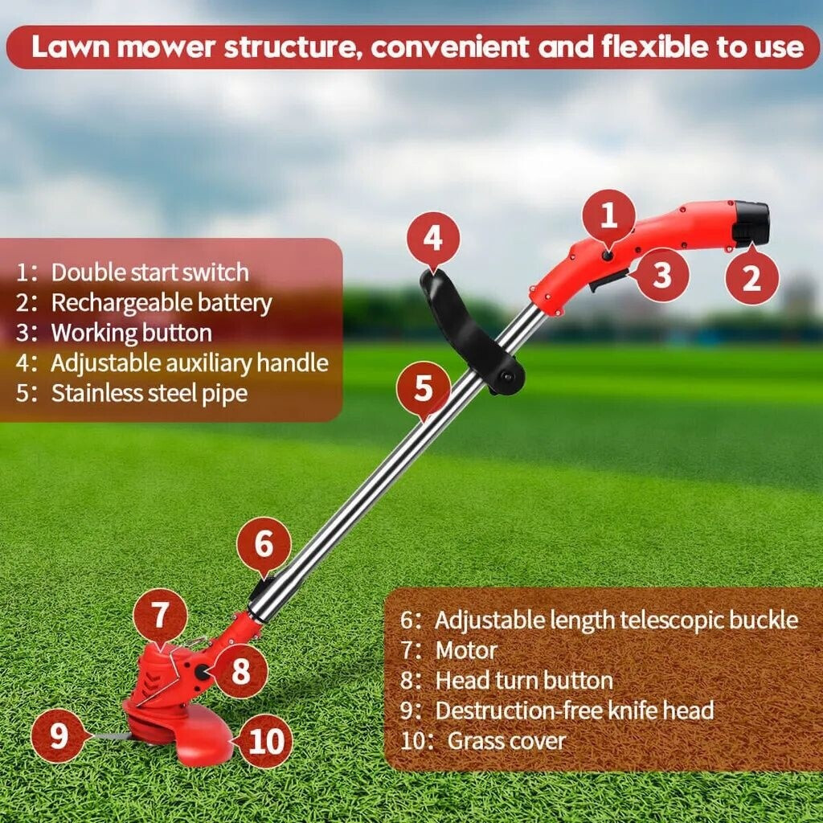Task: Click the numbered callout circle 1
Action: (608, 216)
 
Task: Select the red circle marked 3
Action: (661, 275)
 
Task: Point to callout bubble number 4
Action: (432, 239)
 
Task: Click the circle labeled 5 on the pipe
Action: (423, 390)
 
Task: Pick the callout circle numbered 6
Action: (264, 544)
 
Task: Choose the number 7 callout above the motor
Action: (160, 616)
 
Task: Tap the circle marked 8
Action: (241, 671)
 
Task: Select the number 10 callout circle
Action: (264, 741)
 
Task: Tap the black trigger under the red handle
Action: (608, 281)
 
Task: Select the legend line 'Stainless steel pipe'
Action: (149, 394)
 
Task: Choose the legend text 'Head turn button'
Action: (523, 681)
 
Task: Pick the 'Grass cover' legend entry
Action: (506, 740)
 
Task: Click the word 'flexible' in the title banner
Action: (649, 47)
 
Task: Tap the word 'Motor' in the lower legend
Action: (466, 650)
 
